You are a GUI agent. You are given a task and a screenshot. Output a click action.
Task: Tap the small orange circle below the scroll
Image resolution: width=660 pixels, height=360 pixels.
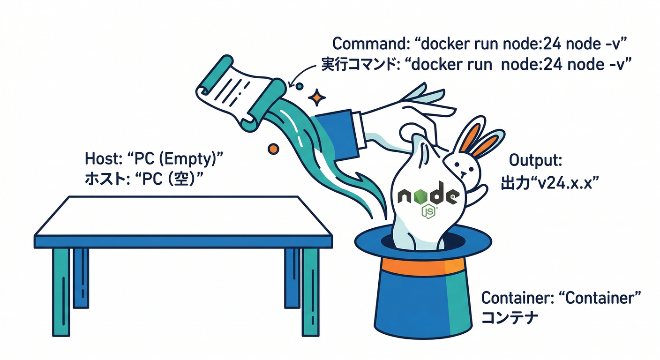[x=271, y=149]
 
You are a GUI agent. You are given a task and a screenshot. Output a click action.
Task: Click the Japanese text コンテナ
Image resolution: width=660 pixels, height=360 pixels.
[x=510, y=317]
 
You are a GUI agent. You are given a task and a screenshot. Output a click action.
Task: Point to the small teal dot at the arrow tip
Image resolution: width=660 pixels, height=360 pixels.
[x=299, y=86]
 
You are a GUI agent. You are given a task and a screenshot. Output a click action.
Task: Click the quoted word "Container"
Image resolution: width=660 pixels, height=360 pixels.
[x=600, y=298]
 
